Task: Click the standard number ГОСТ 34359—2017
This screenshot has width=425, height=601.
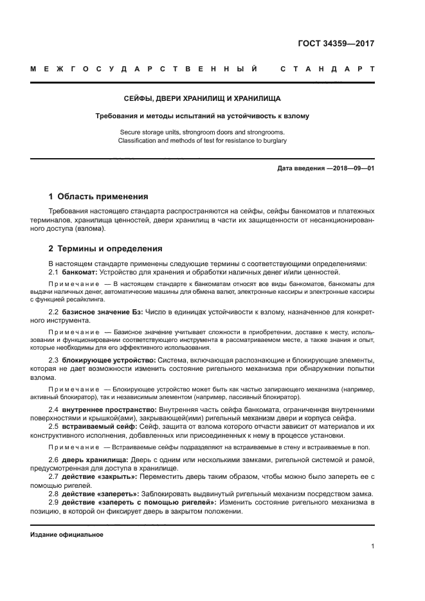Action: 336,44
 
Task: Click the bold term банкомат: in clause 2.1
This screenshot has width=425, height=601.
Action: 83,273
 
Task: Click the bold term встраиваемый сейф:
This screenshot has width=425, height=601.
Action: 99,426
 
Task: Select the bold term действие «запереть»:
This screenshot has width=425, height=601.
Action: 102,494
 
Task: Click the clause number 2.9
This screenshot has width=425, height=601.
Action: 54,502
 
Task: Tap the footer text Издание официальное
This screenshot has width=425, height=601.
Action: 67,535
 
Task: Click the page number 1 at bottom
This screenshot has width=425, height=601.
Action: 372,547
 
